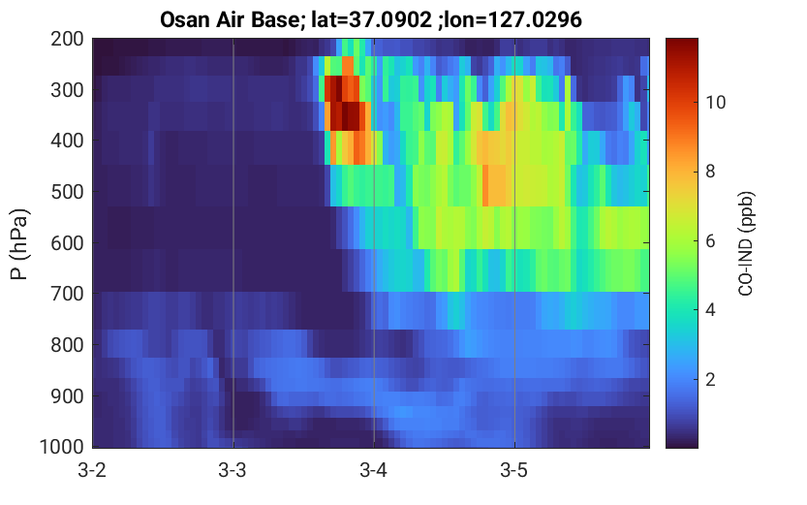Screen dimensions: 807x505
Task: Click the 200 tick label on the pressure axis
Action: pyautogui.click(x=67, y=39)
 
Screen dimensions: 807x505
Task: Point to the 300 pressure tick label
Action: pyautogui.click(x=67, y=90)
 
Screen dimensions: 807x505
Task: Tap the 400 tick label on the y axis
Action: pyautogui.click(x=67, y=141)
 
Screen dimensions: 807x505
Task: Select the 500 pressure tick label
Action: pyautogui.click(x=67, y=192)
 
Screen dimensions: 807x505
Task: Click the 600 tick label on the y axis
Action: pyautogui.click(x=67, y=243)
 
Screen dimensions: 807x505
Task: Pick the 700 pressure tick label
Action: pyautogui.click(x=67, y=294)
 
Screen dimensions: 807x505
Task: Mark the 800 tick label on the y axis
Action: pyautogui.click(x=67, y=345)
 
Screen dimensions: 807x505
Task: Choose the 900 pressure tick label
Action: pyautogui.click(x=67, y=396)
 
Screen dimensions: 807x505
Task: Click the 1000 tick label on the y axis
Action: pyautogui.click(x=62, y=446)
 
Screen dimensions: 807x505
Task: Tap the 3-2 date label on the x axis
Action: pyautogui.click(x=92, y=470)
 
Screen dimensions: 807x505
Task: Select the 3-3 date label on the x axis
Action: pyautogui.click(x=233, y=470)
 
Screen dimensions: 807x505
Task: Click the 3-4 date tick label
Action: pyautogui.click(x=374, y=470)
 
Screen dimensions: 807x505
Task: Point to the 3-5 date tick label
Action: pyautogui.click(x=514, y=470)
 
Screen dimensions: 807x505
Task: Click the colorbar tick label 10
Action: pyautogui.click(x=715, y=103)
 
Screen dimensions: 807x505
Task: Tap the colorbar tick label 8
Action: pyautogui.click(x=710, y=172)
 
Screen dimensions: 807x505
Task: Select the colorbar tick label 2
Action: pyautogui.click(x=710, y=380)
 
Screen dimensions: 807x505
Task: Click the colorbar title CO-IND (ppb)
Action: pyautogui.click(x=746, y=243)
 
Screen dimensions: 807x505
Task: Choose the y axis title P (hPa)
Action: pyautogui.click(x=19, y=244)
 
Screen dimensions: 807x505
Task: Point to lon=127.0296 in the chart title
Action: pyautogui.click(x=514, y=20)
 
